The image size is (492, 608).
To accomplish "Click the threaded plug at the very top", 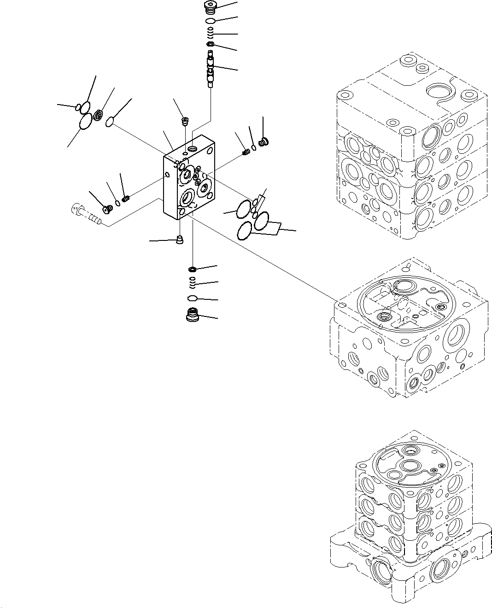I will pyautogui.click(x=210, y=7).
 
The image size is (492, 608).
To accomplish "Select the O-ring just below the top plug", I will pyautogui.click(x=211, y=22).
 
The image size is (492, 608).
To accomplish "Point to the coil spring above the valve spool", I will pyautogui.click(x=210, y=33).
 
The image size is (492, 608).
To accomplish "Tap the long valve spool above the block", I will pyautogui.click(x=211, y=70).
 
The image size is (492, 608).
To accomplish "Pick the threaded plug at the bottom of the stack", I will pyautogui.click(x=192, y=316).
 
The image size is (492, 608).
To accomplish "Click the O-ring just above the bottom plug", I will pyautogui.click(x=193, y=298).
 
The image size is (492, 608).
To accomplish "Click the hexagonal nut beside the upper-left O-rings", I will pyautogui.click(x=98, y=116).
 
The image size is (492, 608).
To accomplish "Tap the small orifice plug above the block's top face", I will pyautogui.click(x=185, y=122).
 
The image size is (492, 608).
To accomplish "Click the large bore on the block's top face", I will pyautogui.click(x=192, y=149).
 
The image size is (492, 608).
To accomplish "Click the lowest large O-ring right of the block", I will pyautogui.click(x=245, y=231).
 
